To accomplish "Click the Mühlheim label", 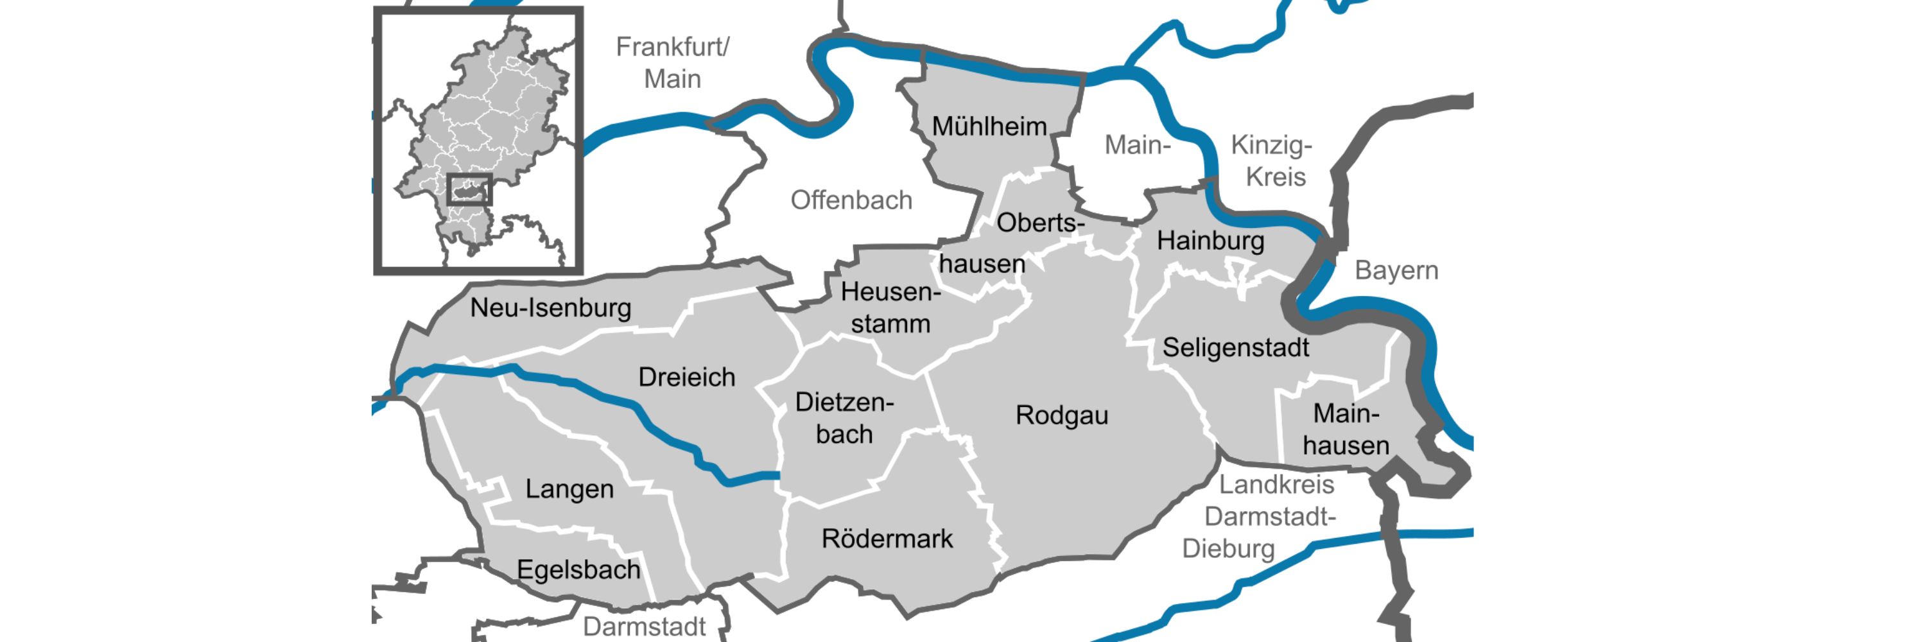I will tap(989, 127).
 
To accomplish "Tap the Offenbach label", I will tap(851, 200).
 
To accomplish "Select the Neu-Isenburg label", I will tap(550, 308).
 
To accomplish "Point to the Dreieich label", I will tap(686, 377).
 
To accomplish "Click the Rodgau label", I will tap(1061, 415).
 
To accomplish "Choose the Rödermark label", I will tap(887, 539).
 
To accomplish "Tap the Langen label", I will tap(569, 490).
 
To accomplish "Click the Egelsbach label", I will tap(578, 570).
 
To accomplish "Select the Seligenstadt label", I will tap(1235, 347).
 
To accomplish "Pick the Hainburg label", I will tap(1210, 241).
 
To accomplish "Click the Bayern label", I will tap(1396, 270).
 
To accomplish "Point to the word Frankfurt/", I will tap(672, 47).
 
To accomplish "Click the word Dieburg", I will tap(1228, 548).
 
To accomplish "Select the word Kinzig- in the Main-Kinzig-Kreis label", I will tap(1271, 145).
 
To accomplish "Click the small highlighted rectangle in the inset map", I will tap(469, 190).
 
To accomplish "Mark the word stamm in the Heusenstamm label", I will tap(890, 324).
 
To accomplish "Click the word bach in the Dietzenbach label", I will tap(844, 434).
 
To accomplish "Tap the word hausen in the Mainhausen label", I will tap(1345, 446).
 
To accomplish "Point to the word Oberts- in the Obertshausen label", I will tap(1040, 223).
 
